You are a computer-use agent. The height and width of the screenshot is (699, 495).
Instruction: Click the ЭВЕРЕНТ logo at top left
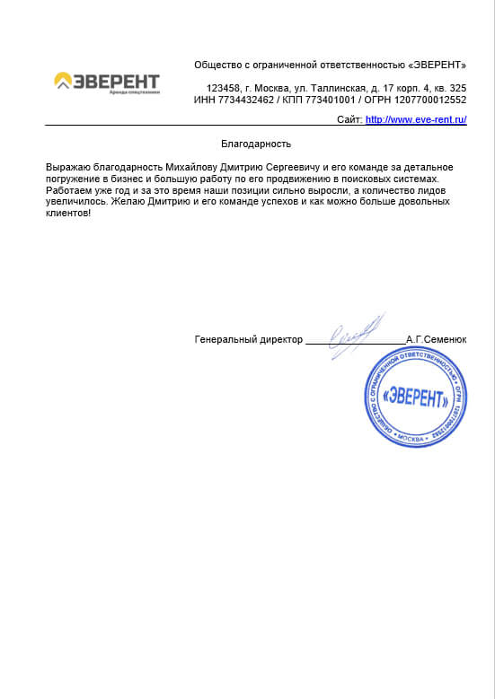click(108, 83)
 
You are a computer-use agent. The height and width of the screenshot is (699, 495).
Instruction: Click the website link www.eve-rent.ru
click(416, 120)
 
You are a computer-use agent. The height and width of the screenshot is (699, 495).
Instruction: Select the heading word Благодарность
click(256, 144)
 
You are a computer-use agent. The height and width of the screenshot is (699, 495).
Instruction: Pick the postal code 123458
click(223, 88)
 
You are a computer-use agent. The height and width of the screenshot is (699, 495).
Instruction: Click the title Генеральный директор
click(249, 340)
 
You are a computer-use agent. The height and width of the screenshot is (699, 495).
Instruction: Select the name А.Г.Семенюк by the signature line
click(436, 340)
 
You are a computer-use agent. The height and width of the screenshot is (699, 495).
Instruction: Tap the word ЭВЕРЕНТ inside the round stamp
click(414, 396)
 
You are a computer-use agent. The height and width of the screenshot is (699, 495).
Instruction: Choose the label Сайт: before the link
click(349, 120)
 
